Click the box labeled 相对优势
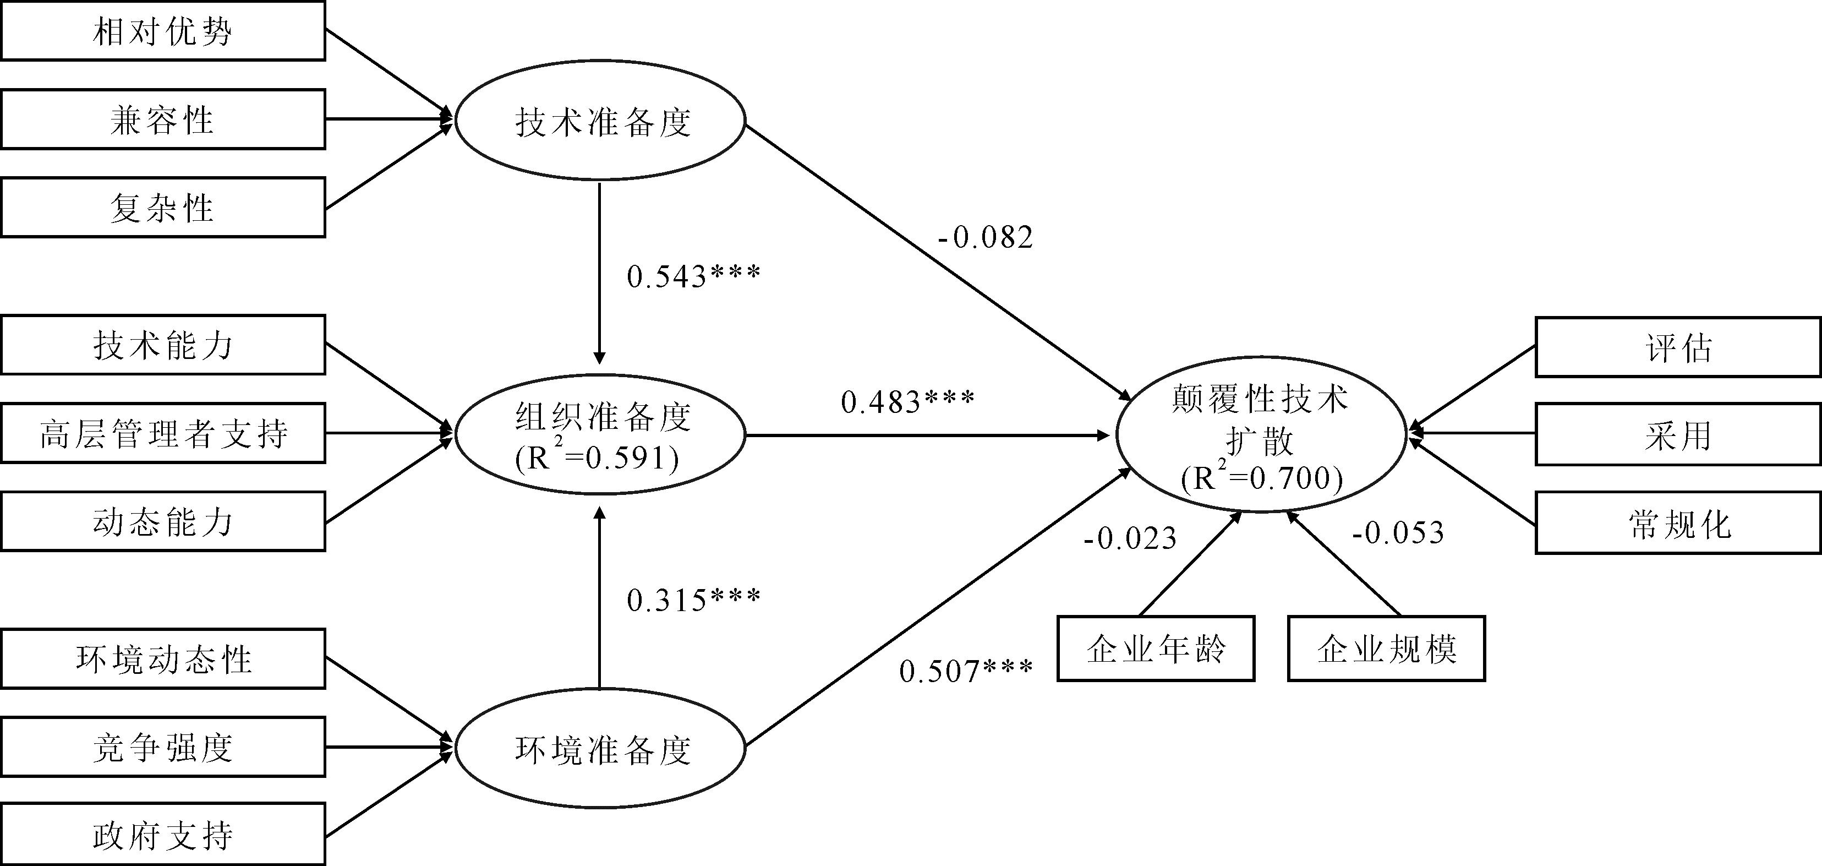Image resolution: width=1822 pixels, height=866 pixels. tap(163, 31)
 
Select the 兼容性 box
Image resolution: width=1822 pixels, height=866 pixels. tap(163, 119)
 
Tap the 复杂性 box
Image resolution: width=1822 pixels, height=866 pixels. tap(163, 208)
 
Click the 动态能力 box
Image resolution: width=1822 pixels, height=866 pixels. tap(163, 522)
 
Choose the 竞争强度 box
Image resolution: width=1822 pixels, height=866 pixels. tap(163, 747)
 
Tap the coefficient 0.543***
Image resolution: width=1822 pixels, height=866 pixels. tap(693, 276)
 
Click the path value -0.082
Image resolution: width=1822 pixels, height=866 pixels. tap(985, 237)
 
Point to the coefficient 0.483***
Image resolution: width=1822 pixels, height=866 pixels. tap(907, 402)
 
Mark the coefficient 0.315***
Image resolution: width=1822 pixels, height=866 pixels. tap(693, 600)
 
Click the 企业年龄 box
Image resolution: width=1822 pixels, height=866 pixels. tap(1156, 649)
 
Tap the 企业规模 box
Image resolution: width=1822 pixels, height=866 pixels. tap(1386, 649)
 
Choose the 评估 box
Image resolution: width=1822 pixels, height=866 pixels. tap(1678, 347)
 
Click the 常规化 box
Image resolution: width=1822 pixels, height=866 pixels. tap(1678, 524)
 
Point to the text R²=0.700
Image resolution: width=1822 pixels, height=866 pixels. tap(1262, 479)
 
